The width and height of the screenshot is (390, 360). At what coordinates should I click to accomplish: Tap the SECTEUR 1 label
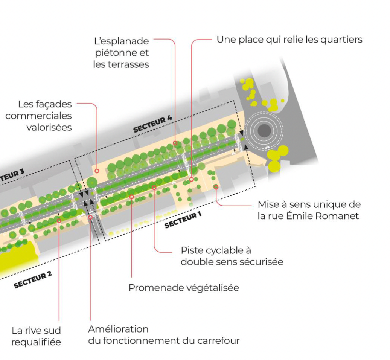tap(183, 221)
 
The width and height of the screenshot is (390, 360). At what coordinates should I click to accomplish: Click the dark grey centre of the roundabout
tap(264, 131)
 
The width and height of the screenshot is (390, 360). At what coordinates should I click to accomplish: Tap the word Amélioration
tap(113, 329)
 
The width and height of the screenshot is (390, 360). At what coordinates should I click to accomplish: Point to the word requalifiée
tap(36, 342)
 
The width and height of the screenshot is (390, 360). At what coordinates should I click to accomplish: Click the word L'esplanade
tap(121, 41)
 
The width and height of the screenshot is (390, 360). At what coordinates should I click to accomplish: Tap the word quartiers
tap(341, 40)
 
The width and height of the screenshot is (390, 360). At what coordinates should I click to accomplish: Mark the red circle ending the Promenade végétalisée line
tap(131, 197)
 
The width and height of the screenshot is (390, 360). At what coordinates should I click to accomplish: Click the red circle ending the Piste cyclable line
tap(154, 188)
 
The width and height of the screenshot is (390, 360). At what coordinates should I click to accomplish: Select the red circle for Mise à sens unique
tap(216, 187)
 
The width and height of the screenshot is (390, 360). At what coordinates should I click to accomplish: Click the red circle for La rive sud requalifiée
tap(59, 220)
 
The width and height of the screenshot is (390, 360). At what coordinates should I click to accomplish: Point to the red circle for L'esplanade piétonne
tap(175, 143)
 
